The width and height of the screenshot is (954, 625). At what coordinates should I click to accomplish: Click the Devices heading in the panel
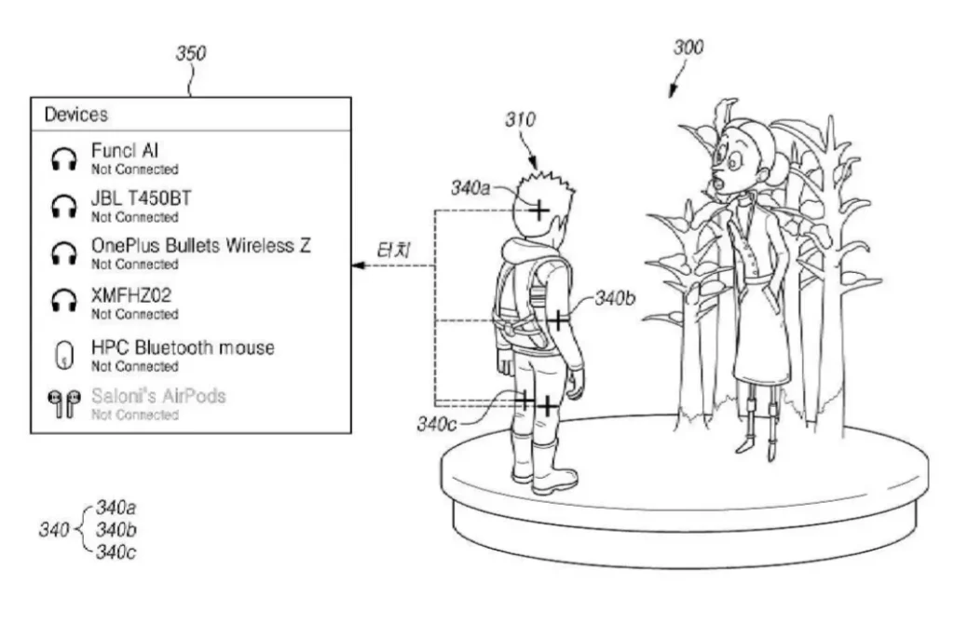[76, 115]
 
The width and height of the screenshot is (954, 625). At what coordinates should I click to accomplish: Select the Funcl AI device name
[125, 150]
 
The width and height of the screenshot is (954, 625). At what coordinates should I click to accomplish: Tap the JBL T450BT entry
[142, 198]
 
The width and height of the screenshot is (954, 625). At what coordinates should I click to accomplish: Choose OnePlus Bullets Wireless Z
[201, 246]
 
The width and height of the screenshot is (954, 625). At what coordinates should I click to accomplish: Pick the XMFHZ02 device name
[131, 296]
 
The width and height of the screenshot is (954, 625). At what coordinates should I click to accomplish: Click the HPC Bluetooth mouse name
[183, 347]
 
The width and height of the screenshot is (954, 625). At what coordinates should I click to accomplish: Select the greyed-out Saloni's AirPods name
[158, 396]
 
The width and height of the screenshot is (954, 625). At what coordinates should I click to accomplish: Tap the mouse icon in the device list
[64, 355]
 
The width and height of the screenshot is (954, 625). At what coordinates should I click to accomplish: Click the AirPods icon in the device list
[64, 404]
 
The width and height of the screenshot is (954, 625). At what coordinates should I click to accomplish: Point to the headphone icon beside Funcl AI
[64, 158]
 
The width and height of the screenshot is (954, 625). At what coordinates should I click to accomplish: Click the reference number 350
[191, 53]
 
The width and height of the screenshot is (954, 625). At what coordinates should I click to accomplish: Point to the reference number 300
[688, 48]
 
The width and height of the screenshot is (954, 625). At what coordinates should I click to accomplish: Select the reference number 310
[520, 120]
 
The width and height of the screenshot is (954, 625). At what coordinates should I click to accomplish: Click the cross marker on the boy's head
[538, 211]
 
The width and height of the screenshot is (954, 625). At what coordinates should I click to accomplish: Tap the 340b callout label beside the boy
[615, 298]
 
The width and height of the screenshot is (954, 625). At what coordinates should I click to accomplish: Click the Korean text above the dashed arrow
[394, 251]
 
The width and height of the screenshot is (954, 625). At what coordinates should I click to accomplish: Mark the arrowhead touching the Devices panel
[358, 266]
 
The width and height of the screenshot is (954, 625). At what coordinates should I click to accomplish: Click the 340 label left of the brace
[54, 529]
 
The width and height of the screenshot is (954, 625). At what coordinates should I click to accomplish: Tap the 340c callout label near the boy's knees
[436, 424]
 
